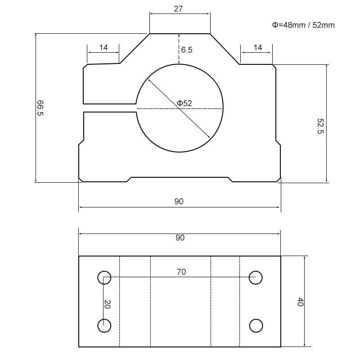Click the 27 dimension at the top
pos(179,8)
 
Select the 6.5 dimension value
pos(187,50)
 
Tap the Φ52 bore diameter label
pos(184,103)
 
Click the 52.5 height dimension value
pos(320,126)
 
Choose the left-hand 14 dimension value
pos(103,47)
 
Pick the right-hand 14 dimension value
pos(258,47)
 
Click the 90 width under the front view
pos(179,202)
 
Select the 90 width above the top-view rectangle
pos(180,238)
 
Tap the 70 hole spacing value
pos(181,271)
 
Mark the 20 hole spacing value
pos(107,304)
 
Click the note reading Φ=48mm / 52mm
pos(303,25)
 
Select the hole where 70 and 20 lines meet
pos(104,277)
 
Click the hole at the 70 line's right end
pos(256,277)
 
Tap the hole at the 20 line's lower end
pos(104,325)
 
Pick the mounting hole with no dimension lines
pos(256,325)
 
